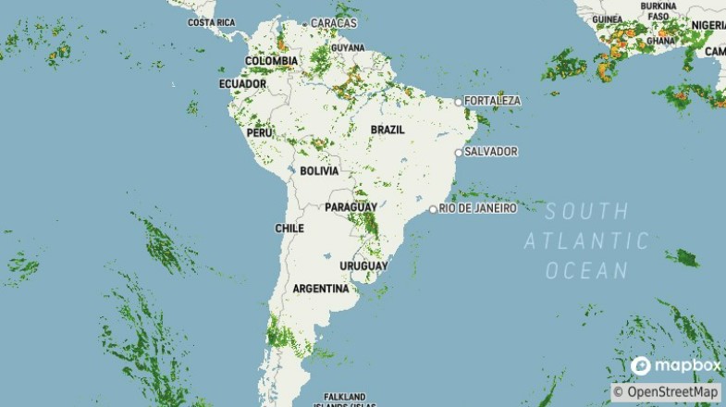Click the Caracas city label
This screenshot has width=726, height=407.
coord(334,22)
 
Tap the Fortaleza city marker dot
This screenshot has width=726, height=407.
coord(459,102)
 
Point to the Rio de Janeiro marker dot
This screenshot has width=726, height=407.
coord(433,209)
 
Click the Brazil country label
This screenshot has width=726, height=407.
coord(388,129)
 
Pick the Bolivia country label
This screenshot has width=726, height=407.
coord(319,171)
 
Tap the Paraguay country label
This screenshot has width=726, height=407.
coord(351,207)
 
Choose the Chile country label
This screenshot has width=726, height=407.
coord(289,228)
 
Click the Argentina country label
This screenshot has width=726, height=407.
coord(320,290)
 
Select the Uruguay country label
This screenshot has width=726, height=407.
coord(363,266)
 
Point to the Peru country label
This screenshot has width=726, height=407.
coord(259,133)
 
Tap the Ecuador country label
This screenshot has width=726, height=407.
coord(242,84)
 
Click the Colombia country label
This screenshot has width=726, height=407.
coord(271,61)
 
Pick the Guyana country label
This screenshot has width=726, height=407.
coord(348,47)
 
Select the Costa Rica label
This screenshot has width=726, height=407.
coord(212,22)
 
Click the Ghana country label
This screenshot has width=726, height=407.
coord(661,42)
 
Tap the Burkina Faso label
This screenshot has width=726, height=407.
coord(659,10)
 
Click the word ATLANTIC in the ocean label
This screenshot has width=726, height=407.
coord(586,241)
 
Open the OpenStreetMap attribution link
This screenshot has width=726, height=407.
coord(666,392)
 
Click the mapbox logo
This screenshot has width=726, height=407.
coord(675,366)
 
